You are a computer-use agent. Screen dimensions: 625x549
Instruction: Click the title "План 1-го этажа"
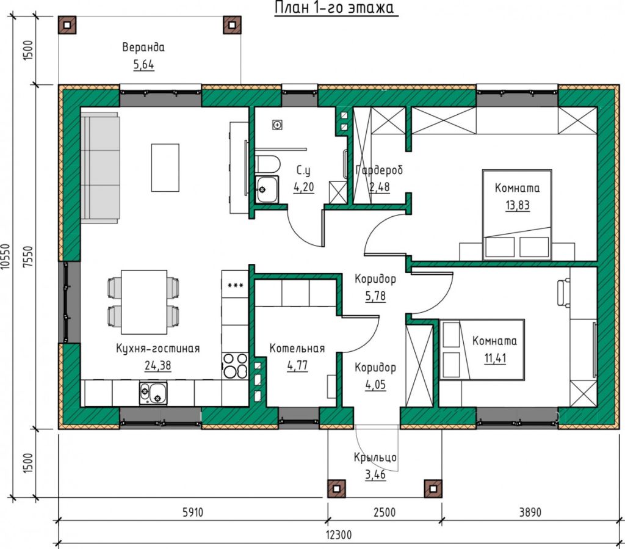pyautogui.click(x=336, y=7)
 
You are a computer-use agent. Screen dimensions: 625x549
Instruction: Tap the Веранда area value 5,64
pyautogui.click(x=143, y=65)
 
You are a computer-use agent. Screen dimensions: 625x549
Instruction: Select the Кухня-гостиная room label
pyautogui.click(x=158, y=349)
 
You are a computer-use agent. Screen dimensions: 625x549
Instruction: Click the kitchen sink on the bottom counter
pyautogui.click(x=153, y=393)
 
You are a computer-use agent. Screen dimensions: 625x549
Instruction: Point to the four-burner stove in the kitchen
pyautogui.click(x=235, y=366)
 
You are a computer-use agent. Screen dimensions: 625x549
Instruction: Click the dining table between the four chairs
pyautogui.click(x=144, y=302)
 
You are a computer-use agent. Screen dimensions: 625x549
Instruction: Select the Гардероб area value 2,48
pyautogui.click(x=380, y=187)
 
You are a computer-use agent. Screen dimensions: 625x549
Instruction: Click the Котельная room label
pyautogui.click(x=297, y=349)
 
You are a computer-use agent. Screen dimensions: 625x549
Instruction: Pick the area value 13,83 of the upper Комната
pyautogui.click(x=518, y=205)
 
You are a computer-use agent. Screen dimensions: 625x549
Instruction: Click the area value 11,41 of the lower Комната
pyautogui.click(x=495, y=358)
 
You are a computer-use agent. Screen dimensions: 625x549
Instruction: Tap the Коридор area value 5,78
pyautogui.click(x=375, y=296)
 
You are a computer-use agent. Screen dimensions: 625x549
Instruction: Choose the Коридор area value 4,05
pyautogui.click(x=375, y=385)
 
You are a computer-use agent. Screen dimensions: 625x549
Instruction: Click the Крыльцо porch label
pyautogui.click(x=375, y=457)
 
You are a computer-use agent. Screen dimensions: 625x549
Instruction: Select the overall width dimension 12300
pyautogui.click(x=339, y=534)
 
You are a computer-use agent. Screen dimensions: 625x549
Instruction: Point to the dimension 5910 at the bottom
pyautogui.click(x=193, y=512)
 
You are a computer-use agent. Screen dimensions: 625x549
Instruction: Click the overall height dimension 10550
pyautogui.click(x=5, y=258)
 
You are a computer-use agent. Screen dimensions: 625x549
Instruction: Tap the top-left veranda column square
pyautogui.click(x=67, y=25)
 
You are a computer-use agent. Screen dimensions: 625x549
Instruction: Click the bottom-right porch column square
pyautogui.click(x=433, y=489)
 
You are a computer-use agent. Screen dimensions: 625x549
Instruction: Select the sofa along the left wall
pyautogui.click(x=101, y=168)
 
